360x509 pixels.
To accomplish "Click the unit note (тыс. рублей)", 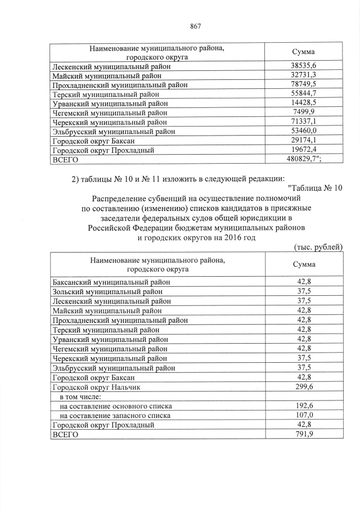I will [x=318, y=247].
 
